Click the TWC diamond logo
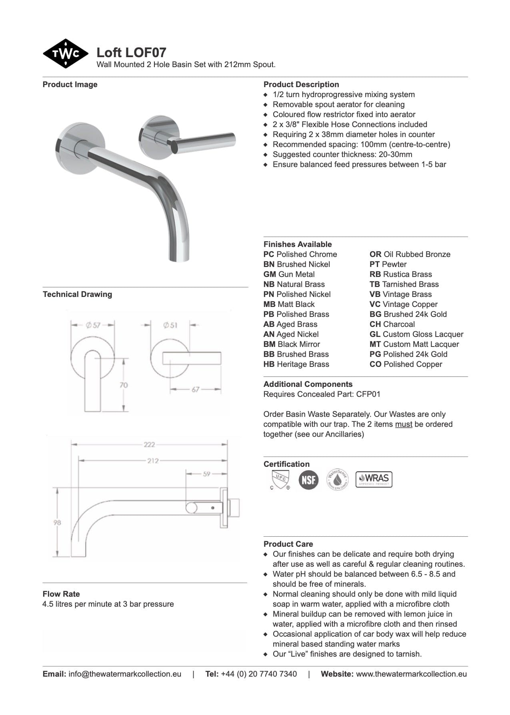click(x=65, y=54)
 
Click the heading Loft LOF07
click(x=131, y=52)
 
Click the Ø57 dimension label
click(x=93, y=325)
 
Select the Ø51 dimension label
click(x=170, y=325)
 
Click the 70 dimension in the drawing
click(x=124, y=385)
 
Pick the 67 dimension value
click(x=195, y=389)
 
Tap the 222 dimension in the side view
click(x=149, y=444)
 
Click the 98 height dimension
click(x=58, y=522)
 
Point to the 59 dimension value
click(x=206, y=474)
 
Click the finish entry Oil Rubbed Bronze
click(x=410, y=254)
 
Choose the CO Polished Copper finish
click(x=406, y=364)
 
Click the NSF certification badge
click(x=308, y=480)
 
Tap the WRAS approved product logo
click(x=374, y=479)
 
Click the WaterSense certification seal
click(x=337, y=480)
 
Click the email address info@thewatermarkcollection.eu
click(x=125, y=674)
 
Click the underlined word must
click(x=404, y=424)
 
